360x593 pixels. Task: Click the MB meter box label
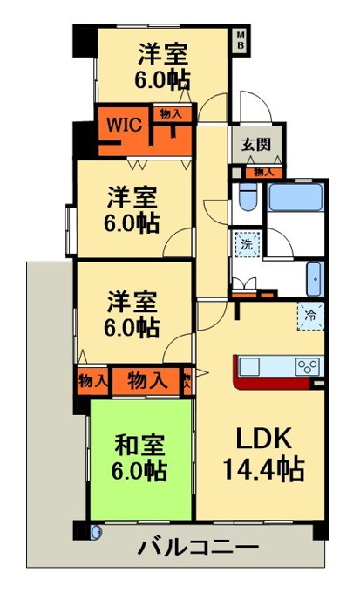(x=241, y=40)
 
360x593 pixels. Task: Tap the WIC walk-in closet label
(x=125, y=125)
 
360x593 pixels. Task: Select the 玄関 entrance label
(x=256, y=144)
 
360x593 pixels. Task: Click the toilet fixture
(x=248, y=195)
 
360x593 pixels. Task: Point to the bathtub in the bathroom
(x=296, y=197)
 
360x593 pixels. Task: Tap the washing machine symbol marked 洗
(x=248, y=244)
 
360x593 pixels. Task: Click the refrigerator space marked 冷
(x=310, y=316)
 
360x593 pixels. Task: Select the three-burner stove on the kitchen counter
(x=307, y=366)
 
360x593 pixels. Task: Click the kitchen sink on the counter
(x=249, y=366)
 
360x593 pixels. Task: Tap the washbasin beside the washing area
(x=314, y=279)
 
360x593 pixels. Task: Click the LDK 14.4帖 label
(x=263, y=453)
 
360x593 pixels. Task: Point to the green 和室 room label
(x=139, y=457)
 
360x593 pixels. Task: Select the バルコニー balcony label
(x=198, y=547)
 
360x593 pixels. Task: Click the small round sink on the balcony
(x=97, y=532)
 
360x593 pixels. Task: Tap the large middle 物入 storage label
(x=147, y=380)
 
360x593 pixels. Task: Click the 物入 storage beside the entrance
(x=263, y=173)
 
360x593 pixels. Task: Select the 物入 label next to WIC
(x=171, y=113)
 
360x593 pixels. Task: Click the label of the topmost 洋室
(x=163, y=66)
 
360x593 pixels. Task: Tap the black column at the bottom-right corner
(x=321, y=530)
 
